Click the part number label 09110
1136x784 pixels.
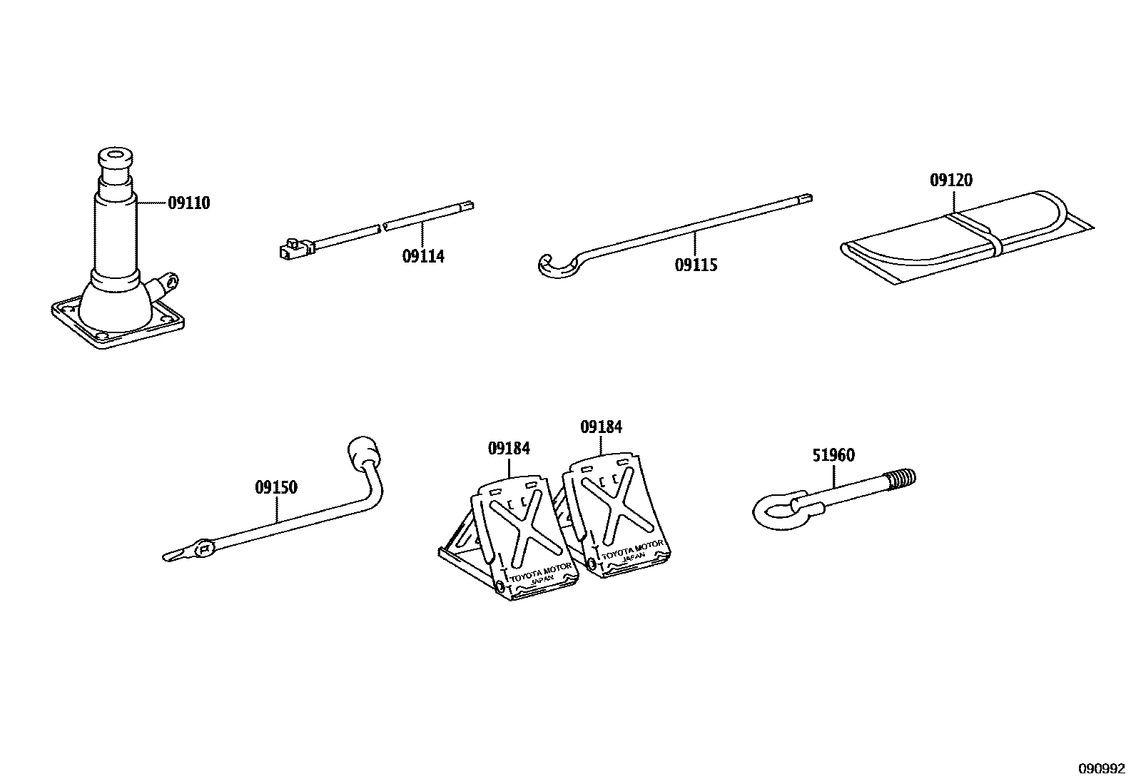tap(189, 203)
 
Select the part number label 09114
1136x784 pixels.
tap(423, 256)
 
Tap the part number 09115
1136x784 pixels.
tap(696, 265)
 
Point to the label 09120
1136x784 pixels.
tap(950, 180)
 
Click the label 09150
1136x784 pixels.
tap(276, 488)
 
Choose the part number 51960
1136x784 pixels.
tap(833, 455)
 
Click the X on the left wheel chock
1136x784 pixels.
tap(523, 528)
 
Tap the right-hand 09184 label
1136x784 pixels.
tap(601, 427)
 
